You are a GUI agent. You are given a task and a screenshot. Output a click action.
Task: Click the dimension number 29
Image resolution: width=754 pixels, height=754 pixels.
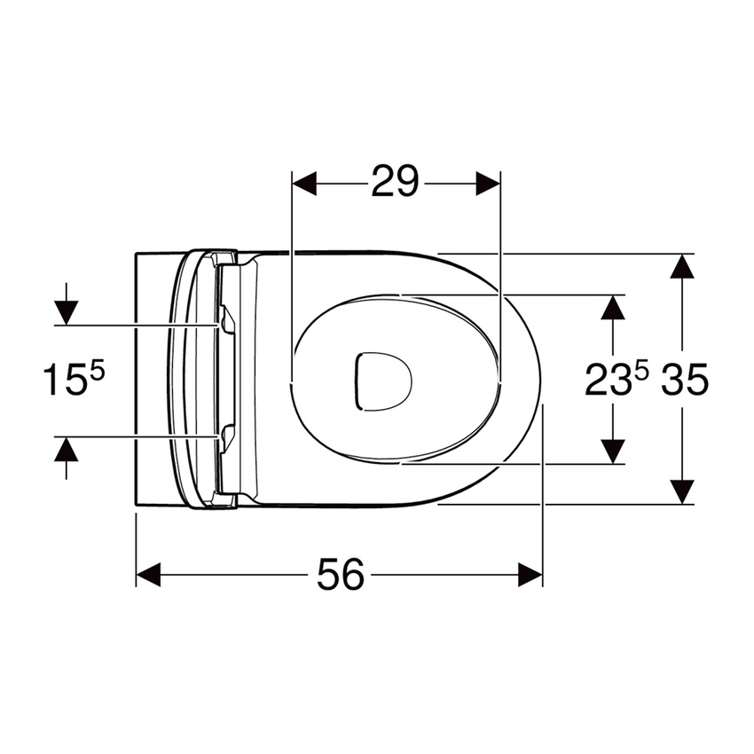point(395,184)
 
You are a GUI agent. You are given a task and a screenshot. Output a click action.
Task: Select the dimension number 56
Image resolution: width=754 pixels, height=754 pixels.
point(341,576)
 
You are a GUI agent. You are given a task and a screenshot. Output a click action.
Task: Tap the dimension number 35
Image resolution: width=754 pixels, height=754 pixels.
point(684,381)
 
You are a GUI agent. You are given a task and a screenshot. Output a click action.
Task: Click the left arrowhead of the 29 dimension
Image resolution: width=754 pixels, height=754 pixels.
point(304,184)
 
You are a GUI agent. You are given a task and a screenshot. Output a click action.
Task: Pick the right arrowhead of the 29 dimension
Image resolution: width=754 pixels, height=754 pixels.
point(489,184)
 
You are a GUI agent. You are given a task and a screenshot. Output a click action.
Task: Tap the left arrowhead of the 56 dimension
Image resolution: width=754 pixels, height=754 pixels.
point(148,574)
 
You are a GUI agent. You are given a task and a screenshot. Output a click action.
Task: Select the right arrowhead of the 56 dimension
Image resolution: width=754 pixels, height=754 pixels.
point(530,574)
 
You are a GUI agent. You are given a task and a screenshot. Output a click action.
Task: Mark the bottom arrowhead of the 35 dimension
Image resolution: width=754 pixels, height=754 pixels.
point(681,491)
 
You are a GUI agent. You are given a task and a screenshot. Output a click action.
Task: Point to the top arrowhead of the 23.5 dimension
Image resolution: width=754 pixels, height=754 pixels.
point(612,307)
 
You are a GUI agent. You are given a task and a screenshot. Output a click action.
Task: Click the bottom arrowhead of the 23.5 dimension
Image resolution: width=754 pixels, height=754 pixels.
point(612,451)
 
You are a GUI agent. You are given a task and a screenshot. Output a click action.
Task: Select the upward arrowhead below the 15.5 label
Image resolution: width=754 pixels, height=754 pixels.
point(66,450)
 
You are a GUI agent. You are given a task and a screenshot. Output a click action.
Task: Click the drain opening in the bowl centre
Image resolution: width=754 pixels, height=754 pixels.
point(382,381)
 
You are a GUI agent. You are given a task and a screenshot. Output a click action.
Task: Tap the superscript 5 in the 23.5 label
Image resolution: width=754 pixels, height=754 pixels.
point(640,373)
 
